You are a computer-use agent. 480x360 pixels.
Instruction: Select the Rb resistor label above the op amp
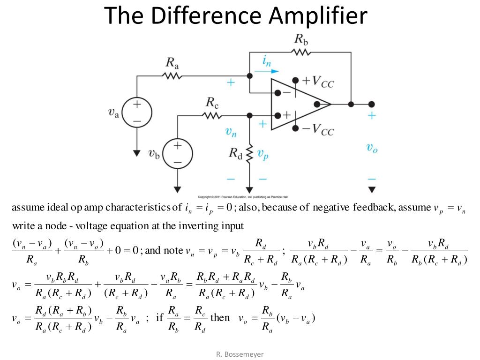click(x=301, y=39)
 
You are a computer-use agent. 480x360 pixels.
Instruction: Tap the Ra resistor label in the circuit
click(x=172, y=62)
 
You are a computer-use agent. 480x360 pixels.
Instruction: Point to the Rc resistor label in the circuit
click(x=212, y=102)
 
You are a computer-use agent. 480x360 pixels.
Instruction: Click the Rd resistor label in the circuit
click(x=235, y=153)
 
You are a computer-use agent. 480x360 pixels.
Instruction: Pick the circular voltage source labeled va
click(x=137, y=112)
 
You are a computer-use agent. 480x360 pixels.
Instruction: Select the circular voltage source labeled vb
click(x=177, y=152)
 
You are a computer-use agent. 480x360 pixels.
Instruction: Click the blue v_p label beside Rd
click(x=263, y=155)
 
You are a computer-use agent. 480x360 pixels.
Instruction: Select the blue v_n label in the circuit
click(x=231, y=133)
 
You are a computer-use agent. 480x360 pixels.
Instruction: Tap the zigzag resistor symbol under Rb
click(x=301, y=52)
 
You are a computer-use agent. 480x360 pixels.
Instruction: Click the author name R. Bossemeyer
click(x=240, y=354)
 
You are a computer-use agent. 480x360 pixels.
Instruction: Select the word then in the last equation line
click(x=220, y=318)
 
